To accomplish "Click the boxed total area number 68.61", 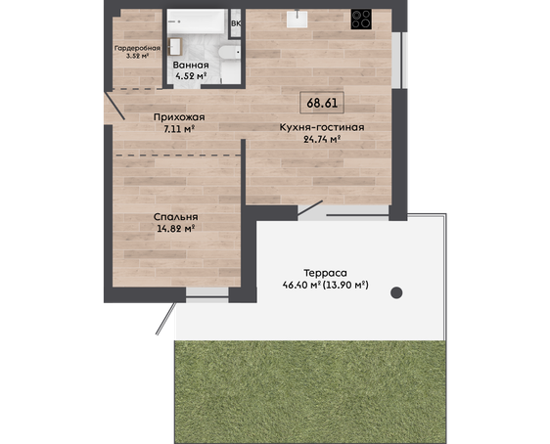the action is (x=322, y=103).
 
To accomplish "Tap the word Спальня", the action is (x=176, y=217).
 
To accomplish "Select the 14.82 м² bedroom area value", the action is (x=176, y=229).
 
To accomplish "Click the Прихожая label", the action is (x=179, y=117).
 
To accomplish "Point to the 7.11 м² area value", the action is (x=179, y=129).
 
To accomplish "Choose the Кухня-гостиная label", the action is (x=322, y=127).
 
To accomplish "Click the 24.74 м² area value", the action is (x=322, y=140).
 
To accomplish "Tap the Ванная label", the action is (x=191, y=66).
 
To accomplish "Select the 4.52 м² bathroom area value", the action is (x=191, y=75).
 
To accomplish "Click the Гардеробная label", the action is (x=137, y=48).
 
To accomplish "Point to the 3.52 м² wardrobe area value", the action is (x=137, y=56).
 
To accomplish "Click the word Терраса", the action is (x=325, y=273).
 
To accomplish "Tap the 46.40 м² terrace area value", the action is (x=302, y=286).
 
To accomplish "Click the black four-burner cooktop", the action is (x=361, y=19).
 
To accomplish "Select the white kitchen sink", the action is (x=297, y=19).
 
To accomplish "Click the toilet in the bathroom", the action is (x=229, y=53).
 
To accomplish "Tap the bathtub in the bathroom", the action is (x=196, y=22).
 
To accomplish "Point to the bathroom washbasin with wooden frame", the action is (x=174, y=47).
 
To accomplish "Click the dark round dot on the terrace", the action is (x=396, y=292).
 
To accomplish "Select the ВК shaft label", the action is (x=236, y=23).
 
